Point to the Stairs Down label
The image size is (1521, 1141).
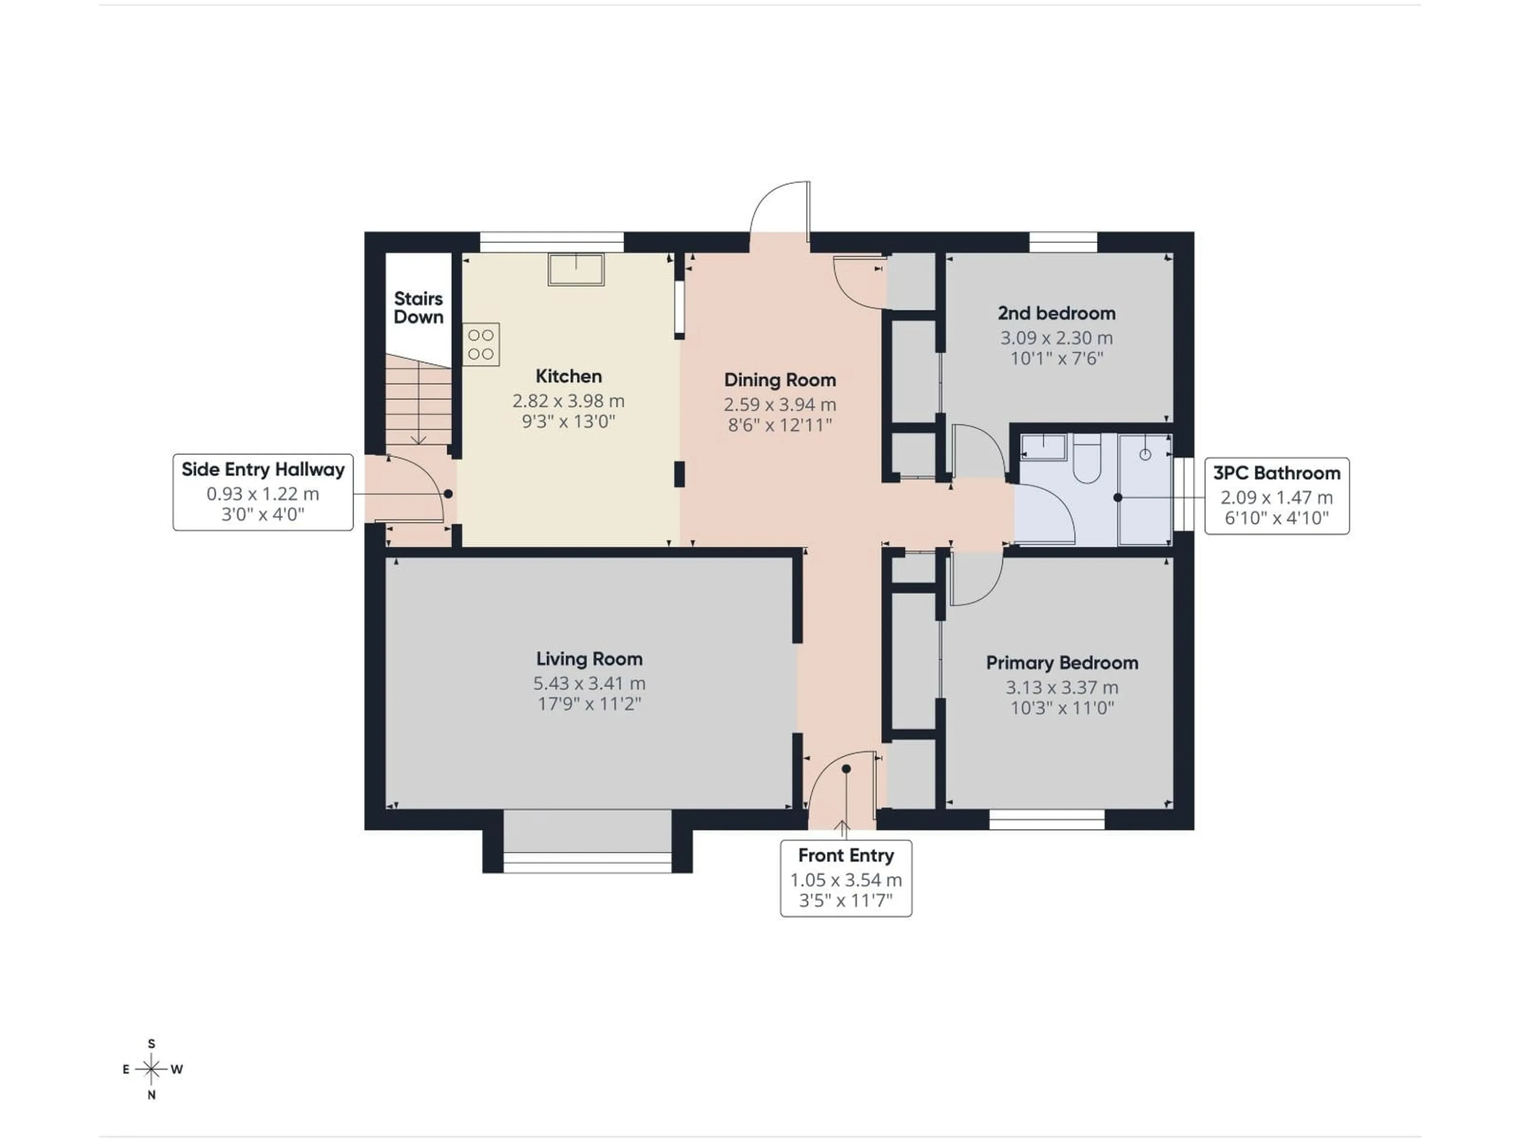418,307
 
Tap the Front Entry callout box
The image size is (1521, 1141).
846,878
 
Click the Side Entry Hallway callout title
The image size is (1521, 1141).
263,470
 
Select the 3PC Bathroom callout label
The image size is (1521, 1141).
1276,473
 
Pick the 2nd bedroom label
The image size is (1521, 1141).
1056,314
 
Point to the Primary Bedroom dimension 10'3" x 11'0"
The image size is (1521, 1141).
1062,708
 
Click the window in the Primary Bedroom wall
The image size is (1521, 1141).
1046,820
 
